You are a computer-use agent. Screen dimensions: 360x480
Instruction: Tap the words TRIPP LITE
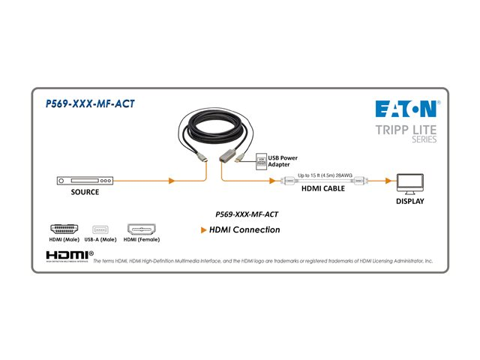click(406, 130)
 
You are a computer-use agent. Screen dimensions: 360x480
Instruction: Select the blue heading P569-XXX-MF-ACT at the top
click(91, 104)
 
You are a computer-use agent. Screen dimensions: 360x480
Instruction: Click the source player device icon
click(85, 181)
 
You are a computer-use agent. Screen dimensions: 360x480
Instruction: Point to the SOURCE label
click(85, 193)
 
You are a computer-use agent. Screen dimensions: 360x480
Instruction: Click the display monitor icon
click(409, 182)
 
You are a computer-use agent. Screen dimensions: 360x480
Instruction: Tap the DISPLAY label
click(409, 201)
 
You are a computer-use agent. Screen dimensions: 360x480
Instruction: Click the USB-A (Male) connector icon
click(100, 229)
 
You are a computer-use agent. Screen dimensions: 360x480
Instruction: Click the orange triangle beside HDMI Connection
click(204, 230)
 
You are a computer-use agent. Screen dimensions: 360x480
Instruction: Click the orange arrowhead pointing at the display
click(388, 181)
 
